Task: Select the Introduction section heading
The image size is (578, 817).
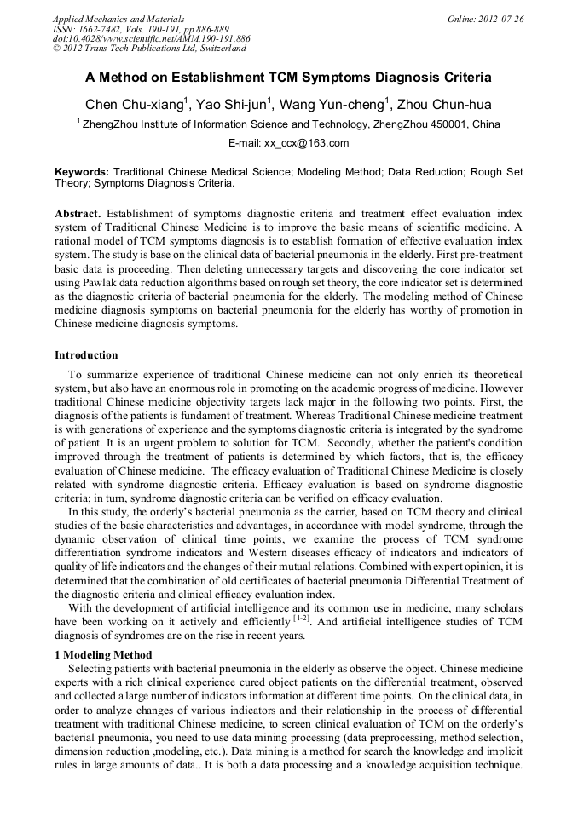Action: pyautogui.click(x=86, y=355)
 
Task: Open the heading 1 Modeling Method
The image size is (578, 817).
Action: pyautogui.click(x=103, y=655)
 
